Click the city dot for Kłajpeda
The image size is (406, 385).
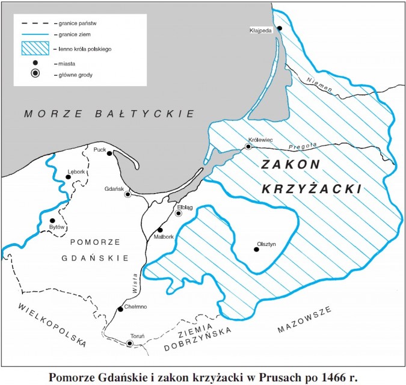278,28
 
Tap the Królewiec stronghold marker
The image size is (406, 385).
248,146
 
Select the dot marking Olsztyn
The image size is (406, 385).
256,249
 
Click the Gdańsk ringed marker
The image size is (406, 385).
128,194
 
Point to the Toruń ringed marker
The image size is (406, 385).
129,343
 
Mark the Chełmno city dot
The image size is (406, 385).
120,309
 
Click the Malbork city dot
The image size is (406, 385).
159,230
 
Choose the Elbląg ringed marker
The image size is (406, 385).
178,213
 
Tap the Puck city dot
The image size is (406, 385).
109,153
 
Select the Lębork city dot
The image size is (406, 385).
68,177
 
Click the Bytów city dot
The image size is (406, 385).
52,221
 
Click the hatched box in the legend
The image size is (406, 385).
35,47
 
